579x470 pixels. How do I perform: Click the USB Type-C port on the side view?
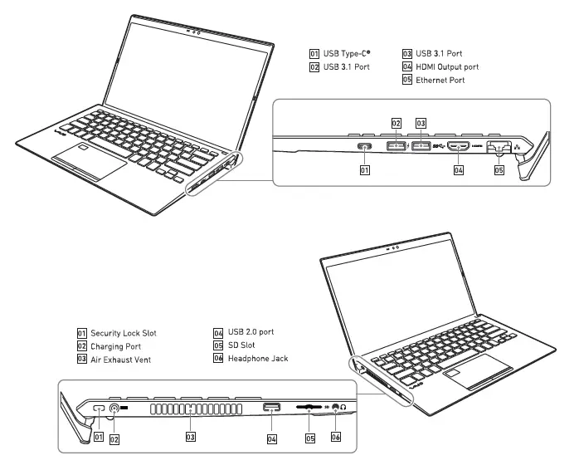pyautogui.click(x=362, y=147)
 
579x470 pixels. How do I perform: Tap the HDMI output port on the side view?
pyautogui.click(x=459, y=147)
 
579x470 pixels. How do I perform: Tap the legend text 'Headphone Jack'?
pyautogui.click(x=259, y=358)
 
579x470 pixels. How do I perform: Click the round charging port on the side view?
pyautogui.click(x=114, y=409)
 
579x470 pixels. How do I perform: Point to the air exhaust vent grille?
pyautogui.click(x=189, y=409)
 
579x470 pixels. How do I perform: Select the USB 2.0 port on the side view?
pyautogui.click(x=271, y=407)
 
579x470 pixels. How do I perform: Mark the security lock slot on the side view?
pyautogui.click(x=98, y=409)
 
